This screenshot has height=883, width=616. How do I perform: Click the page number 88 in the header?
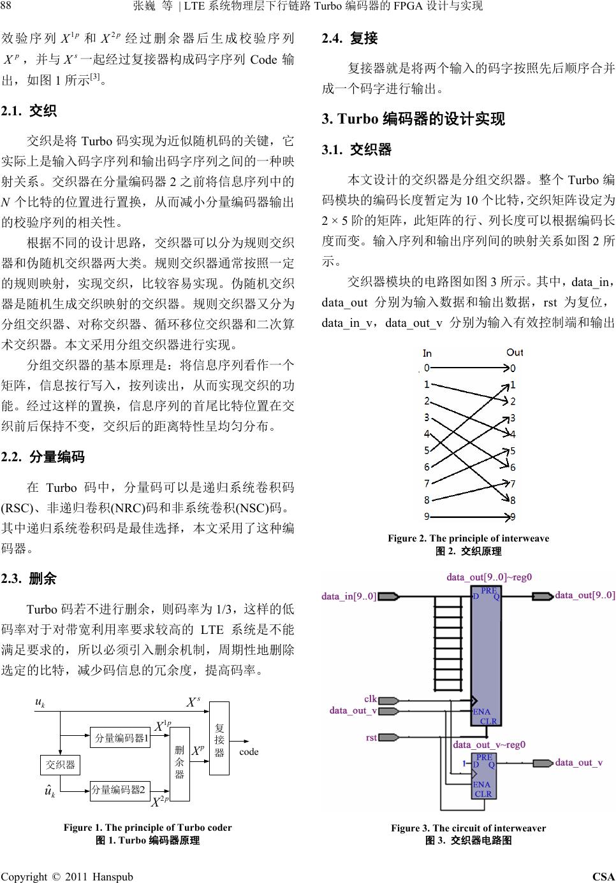[7, 6]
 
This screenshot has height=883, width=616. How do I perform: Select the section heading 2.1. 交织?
[29, 111]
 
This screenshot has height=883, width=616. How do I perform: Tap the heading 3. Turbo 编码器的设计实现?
[413, 119]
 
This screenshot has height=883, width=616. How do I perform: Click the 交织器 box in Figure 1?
[61, 764]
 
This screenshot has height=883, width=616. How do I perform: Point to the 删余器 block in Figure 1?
[179, 763]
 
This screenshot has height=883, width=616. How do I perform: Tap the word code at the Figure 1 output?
[249, 752]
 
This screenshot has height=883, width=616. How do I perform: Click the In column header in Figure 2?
[427, 353]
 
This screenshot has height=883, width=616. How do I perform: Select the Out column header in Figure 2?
[514, 352]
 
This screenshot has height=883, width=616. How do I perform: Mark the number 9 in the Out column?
[513, 517]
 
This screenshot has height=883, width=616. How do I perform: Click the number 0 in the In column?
[427, 367]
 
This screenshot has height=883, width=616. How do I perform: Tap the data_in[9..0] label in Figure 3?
[349, 596]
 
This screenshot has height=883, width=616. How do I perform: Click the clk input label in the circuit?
[370, 699]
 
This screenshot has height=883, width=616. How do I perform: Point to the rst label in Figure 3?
[371, 737]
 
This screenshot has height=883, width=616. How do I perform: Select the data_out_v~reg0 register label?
[489, 744]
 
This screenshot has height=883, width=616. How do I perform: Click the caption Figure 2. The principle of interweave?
[468, 538]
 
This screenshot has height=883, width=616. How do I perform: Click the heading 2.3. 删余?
[29, 578]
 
